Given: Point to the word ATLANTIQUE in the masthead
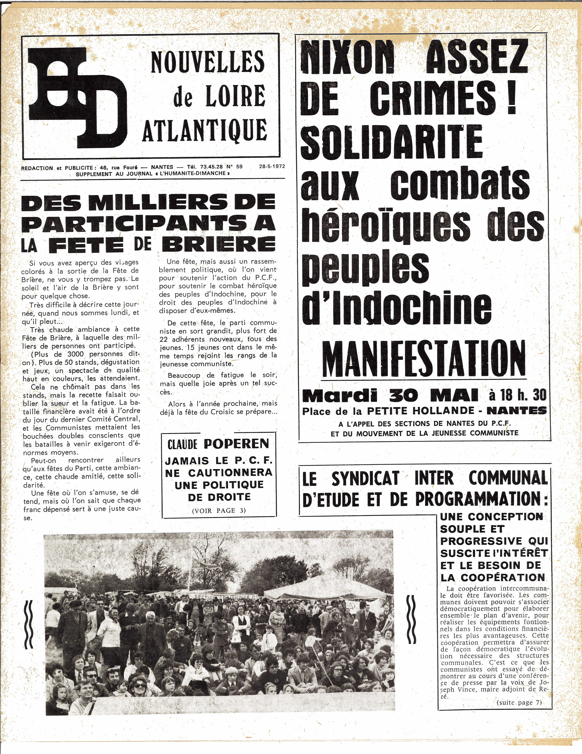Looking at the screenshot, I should (x=205, y=130).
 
